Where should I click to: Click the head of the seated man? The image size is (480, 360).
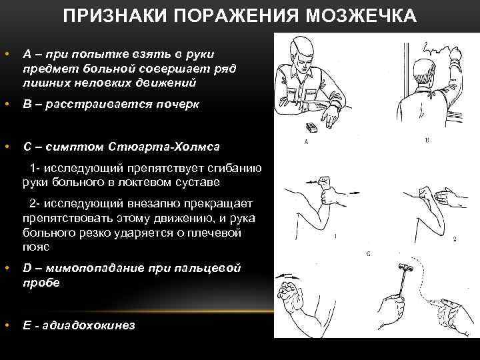pyautogui.click(x=304, y=51)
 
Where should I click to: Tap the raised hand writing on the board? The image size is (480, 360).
pyautogui.click(x=457, y=59)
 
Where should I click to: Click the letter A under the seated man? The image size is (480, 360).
pyautogui.click(x=305, y=142)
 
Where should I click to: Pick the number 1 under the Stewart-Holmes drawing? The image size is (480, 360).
pyautogui.click(x=333, y=236)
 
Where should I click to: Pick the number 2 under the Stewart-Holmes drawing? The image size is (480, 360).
pyautogui.click(x=454, y=238)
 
